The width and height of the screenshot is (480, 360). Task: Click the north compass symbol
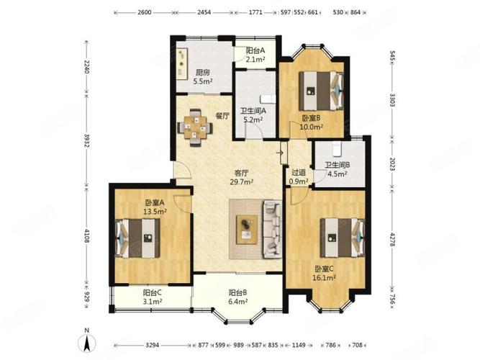[x=87, y=341]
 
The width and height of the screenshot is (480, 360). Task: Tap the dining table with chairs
[x=195, y=127]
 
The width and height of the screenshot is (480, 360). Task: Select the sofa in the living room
[x=272, y=229]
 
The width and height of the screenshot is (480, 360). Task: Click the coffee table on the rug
[x=247, y=230]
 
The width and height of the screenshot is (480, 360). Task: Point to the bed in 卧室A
[x=137, y=238]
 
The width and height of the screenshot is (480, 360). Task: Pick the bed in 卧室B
[x=321, y=91]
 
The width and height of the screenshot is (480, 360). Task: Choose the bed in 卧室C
[x=343, y=238]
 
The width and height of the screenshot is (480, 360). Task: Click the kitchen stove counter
[x=182, y=63]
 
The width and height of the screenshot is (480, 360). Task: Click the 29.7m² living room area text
[x=242, y=181]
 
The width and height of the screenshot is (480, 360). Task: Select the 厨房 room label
[x=203, y=73]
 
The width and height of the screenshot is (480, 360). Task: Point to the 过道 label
[x=298, y=173]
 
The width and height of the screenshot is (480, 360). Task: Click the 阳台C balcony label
[x=153, y=293]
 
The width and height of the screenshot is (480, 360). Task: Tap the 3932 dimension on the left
[x=87, y=140]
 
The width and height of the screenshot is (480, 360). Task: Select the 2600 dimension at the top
[x=145, y=12]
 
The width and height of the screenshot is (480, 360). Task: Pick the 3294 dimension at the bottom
[x=152, y=345]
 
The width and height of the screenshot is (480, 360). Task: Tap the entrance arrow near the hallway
[x=280, y=153]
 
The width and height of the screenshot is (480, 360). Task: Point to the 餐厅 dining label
[x=222, y=116]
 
